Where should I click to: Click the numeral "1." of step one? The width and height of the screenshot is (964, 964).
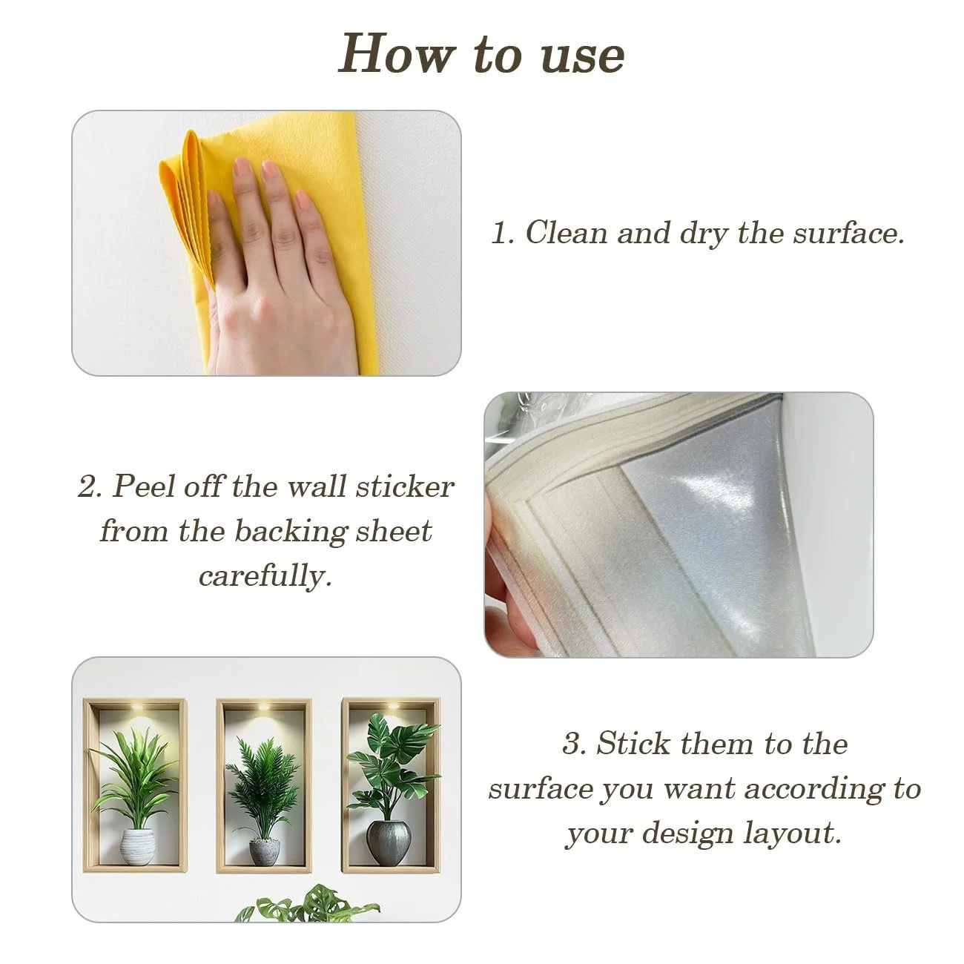coord(502,234)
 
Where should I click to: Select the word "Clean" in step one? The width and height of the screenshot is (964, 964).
coord(566,233)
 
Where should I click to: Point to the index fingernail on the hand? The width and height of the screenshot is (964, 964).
coord(242,165)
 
